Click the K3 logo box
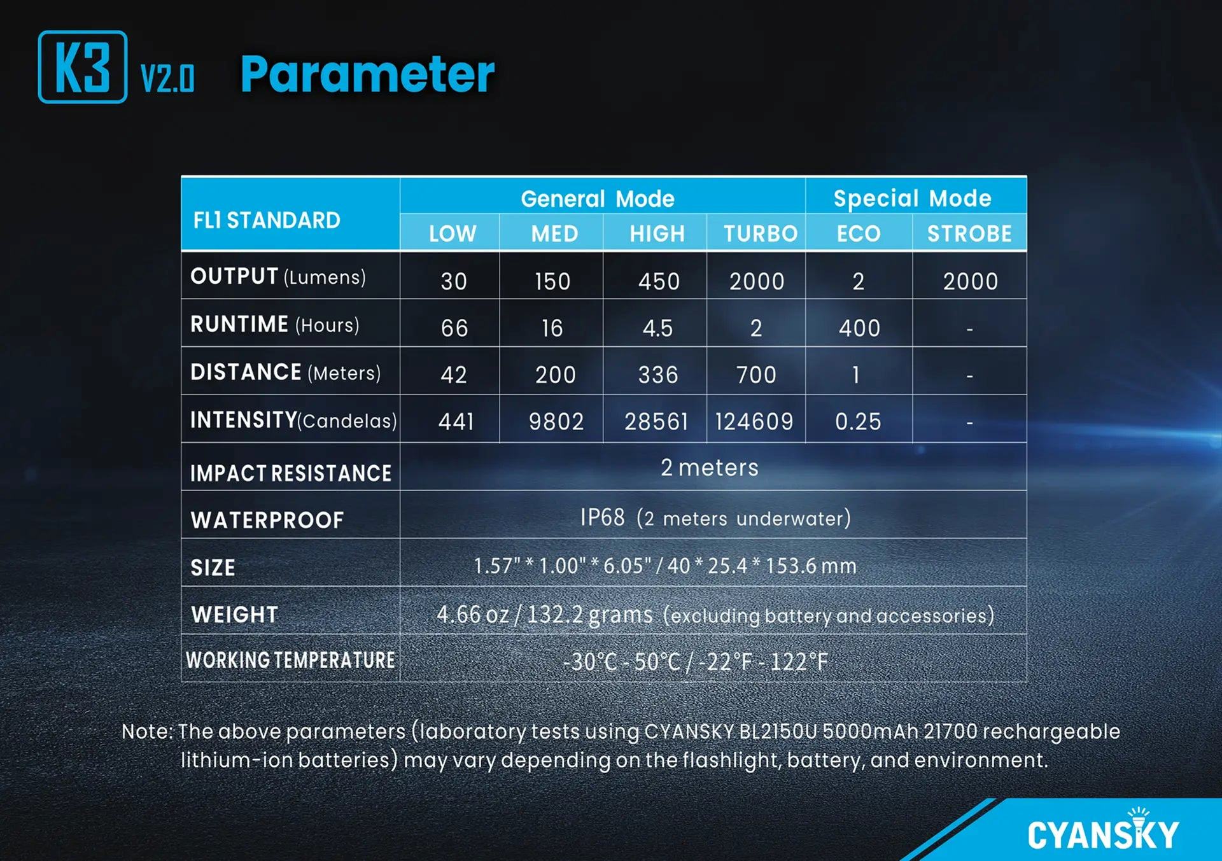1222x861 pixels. (83, 67)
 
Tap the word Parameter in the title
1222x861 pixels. (367, 74)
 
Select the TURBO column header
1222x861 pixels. (761, 234)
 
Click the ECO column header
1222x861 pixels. (859, 234)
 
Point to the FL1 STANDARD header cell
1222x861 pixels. (267, 220)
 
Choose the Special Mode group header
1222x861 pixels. (913, 199)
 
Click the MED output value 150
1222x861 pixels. (552, 281)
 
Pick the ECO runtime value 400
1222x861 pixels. (859, 328)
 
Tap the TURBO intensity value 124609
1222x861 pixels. (754, 421)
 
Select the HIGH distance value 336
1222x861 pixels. (658, 375)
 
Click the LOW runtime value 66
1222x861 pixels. (454, 328)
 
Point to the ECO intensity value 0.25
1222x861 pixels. (858, 421)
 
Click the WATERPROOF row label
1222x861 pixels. (267, 521)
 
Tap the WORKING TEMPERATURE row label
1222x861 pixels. (290, 661)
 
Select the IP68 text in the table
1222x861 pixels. (602, 517)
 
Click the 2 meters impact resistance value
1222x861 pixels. (710, 468)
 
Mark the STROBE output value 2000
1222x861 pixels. (971, 281)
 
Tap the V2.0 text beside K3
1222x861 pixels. (167, 79)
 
